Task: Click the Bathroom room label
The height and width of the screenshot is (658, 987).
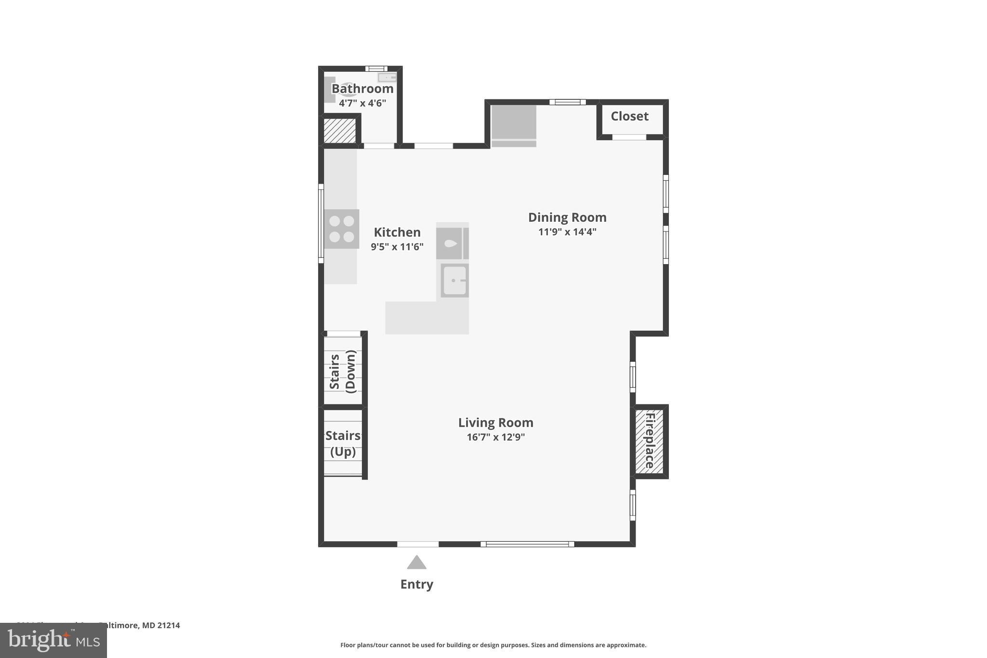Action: coord(362,89)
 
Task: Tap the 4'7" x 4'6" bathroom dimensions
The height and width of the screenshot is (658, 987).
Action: coord(362,103)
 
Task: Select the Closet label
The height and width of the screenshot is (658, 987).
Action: coord(629,116)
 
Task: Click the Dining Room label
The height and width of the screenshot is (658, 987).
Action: coord(567,217)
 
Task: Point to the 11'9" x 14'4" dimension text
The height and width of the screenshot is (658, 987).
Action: coord(567,232)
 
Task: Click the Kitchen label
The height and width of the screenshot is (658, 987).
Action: coord(397,232)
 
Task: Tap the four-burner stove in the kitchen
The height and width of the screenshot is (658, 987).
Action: coord(342,229)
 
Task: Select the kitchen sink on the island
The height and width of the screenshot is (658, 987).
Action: coord(454,281)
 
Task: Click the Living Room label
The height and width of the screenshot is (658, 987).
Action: coord(495,423)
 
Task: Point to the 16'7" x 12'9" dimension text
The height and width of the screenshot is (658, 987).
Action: coord(495,437)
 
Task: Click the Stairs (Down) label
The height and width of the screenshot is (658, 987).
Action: coord(343,371)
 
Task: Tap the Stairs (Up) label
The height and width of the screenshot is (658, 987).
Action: coord(343,443)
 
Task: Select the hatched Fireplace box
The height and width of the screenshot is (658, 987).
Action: coord(649,441)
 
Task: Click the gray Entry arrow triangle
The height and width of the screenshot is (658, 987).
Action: coord(416,563)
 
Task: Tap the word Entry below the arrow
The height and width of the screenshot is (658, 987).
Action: coord(416,584)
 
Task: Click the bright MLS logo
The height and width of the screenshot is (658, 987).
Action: coord(53,640)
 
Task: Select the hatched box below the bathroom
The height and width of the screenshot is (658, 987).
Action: coord(340,131)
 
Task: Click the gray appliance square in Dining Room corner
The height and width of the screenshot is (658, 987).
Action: coord(514,122)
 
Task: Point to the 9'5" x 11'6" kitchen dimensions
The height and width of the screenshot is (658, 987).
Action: coord(397,247)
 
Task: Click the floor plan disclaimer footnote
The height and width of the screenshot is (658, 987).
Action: coord(493,645)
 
